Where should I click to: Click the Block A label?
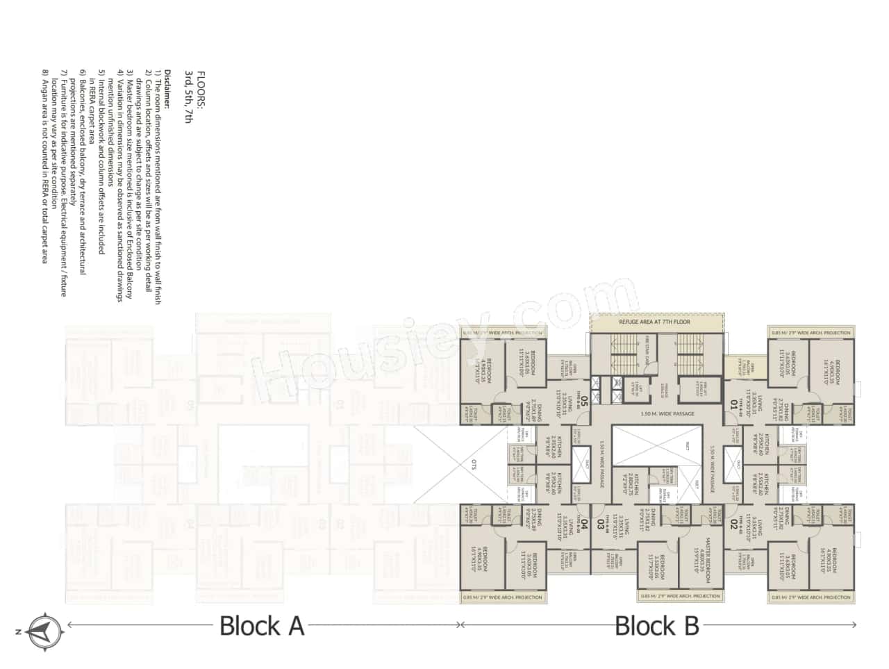262,626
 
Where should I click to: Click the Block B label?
657,626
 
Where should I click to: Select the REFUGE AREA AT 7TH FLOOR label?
656,322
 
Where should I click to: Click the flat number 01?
733,402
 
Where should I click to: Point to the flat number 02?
733,525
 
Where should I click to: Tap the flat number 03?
601,525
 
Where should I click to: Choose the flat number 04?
584,525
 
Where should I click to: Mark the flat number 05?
584,402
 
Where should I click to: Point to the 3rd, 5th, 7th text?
188,97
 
